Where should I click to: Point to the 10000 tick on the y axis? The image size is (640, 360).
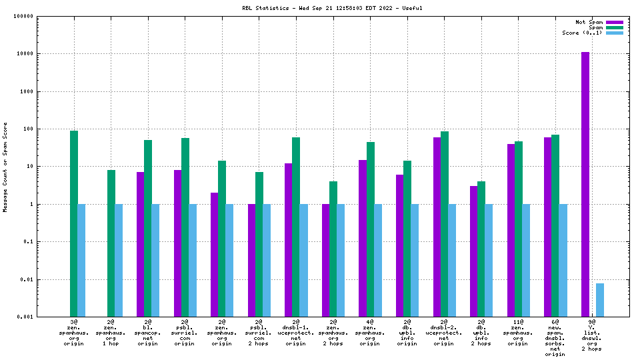tap(25, 54)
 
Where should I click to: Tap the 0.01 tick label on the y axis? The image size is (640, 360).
tap(27, 279)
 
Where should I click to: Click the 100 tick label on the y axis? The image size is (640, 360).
tap(28, 129)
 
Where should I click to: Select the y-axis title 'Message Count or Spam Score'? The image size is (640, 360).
tap(5, 167)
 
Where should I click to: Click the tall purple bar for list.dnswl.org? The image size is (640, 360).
tap(585, 184)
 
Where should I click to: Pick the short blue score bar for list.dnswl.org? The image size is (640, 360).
tap(600, 299)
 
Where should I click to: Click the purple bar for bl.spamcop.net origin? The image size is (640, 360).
tap(141, 244)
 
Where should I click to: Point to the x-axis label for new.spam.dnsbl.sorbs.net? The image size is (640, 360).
tap(555, 337)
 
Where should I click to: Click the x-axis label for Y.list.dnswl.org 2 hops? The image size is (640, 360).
tap(592, 335)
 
